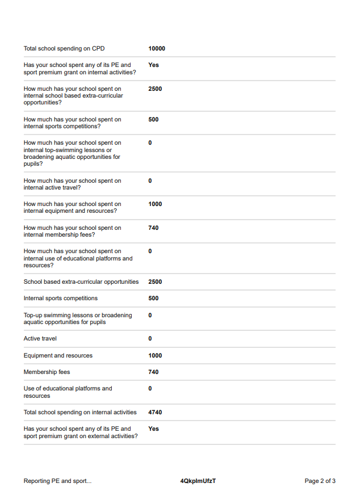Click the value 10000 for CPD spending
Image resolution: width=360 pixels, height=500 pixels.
(157, 49)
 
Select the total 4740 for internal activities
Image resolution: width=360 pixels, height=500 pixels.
(155, 413)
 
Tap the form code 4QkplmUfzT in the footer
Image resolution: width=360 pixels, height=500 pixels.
(198, 481)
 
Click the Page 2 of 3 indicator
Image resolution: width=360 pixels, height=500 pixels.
(320, 481)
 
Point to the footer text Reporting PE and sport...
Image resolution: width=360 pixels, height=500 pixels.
(57, 481)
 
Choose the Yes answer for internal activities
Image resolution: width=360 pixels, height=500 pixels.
(153, 65)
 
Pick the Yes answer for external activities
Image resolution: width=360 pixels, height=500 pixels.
(153, 429)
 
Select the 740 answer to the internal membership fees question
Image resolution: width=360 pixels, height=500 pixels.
(153, 228)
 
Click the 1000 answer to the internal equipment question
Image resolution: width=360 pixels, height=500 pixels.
(155, 204)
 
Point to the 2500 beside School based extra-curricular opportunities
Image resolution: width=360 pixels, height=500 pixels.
(155, 282)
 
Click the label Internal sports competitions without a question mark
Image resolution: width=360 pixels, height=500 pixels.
(61, 299)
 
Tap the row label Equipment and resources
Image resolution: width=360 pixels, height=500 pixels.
(58, 356)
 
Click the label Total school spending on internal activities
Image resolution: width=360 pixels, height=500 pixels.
(80, 413)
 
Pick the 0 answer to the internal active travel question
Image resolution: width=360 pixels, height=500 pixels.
(150, 181)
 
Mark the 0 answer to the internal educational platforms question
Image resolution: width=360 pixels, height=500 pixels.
(150, 251)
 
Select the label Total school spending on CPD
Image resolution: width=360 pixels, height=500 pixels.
(64, 49)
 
